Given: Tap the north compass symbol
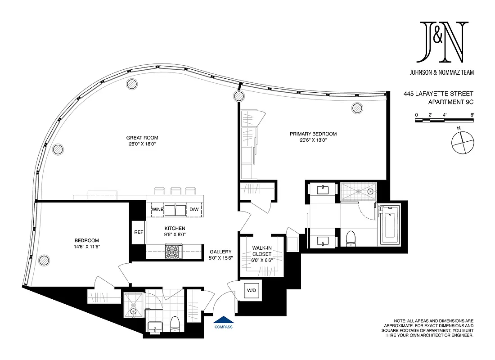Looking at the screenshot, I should pos(462,142).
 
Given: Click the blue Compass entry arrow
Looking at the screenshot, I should pos(223,320).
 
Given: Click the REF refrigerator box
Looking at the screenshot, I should pos(139,232).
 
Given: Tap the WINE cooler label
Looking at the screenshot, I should pos(157,210).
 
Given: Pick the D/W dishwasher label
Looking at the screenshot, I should pos(193,210).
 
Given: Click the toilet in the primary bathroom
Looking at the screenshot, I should pos(351,238).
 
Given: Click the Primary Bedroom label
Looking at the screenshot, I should pos(313,134).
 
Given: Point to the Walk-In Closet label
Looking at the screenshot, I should pos(261,251).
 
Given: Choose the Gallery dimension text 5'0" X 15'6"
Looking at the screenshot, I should pos(220,258).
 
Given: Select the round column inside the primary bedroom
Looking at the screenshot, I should pos(357,108).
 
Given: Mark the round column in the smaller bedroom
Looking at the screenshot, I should pos(44,260).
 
